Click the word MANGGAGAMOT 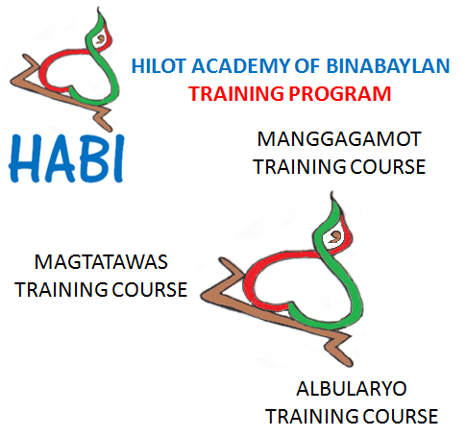[x=338, y=140]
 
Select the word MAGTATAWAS [x=94, y=262]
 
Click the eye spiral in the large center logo [x=335, y=233]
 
